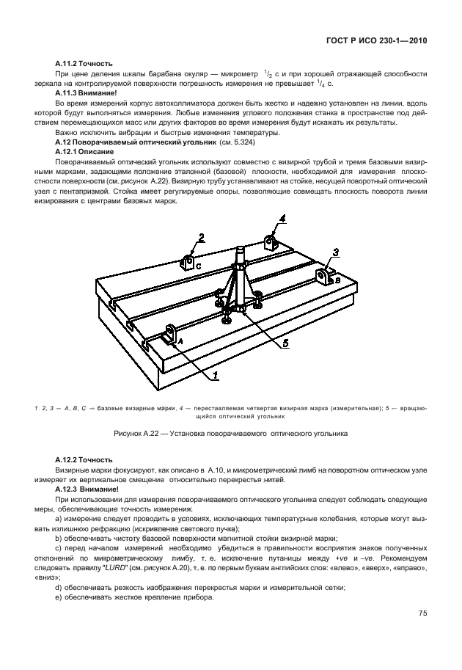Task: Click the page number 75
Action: point(422,613)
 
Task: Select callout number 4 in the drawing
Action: point(282,217)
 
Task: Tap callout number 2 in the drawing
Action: point(201,237)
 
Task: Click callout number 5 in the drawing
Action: point(286,342)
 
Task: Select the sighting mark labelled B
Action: point(325,277)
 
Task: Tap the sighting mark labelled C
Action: point(187,265)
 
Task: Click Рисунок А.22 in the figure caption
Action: point(140,434)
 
